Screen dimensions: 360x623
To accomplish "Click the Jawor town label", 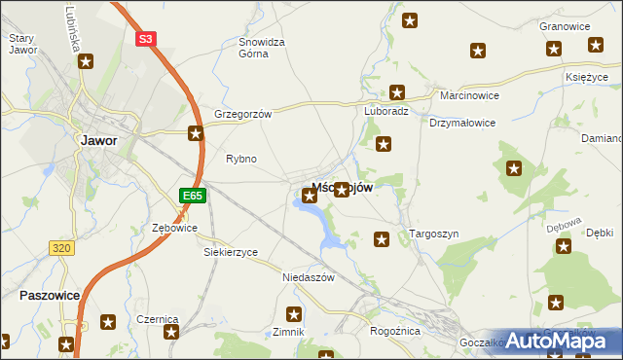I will click(x=97, y=140).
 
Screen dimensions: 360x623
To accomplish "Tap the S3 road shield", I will click(x=145, y=39).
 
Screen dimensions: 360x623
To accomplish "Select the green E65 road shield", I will click(x=192, y=196).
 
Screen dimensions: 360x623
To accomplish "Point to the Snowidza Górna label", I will click(x=262, y=49).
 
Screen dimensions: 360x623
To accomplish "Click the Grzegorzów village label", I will click(x=242, y=113).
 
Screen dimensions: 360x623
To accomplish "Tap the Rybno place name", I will click(x=240, y=159).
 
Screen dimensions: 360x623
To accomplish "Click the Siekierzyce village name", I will click(x=231, y=252).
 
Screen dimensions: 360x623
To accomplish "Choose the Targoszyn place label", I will click(x=434, y=234).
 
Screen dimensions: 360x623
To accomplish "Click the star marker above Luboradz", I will click(x=397, y=92).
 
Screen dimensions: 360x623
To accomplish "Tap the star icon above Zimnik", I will click(x=294, y=313).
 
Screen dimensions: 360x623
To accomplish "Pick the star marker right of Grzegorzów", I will click(x=196, y=133).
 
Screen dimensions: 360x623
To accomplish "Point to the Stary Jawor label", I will click(x=21, y=44).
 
